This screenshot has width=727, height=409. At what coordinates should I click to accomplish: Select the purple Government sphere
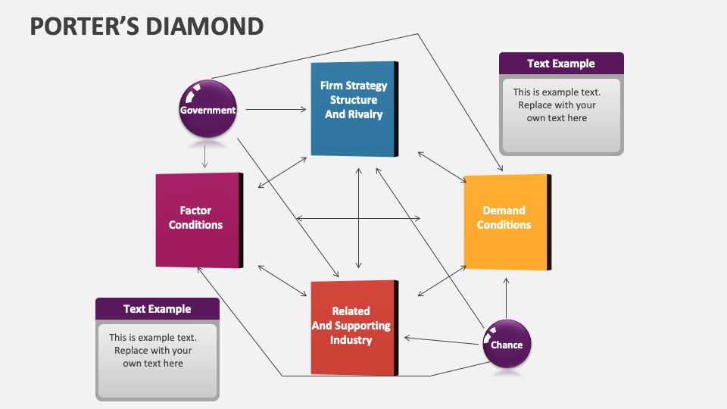(207, 109)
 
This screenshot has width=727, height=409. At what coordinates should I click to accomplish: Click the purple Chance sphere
(507, 345)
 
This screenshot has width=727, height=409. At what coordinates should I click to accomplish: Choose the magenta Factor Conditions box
(197, 220)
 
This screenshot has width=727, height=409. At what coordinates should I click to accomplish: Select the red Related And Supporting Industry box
(352, 326)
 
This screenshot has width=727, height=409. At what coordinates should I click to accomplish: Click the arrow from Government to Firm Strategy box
(276, 110)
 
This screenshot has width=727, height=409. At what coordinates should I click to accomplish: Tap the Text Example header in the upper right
(561, 64)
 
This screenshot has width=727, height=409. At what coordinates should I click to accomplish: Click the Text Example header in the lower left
(157, 309)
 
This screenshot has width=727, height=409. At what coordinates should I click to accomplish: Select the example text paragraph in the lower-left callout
(153, 351)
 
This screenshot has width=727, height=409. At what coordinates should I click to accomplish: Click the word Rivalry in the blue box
(365, 114)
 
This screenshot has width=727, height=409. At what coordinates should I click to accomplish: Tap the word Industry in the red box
(351, 340)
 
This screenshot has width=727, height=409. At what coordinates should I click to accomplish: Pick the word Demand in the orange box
(504, 211)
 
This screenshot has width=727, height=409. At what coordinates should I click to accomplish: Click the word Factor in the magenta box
(195, 211)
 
